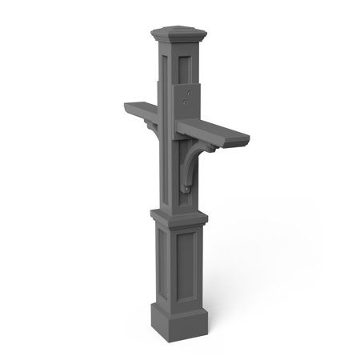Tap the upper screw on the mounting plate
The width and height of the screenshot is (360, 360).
pos(188,93)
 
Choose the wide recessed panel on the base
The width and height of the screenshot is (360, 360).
pos(189,269)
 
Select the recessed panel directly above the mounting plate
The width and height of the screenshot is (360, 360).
pos(190,67)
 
